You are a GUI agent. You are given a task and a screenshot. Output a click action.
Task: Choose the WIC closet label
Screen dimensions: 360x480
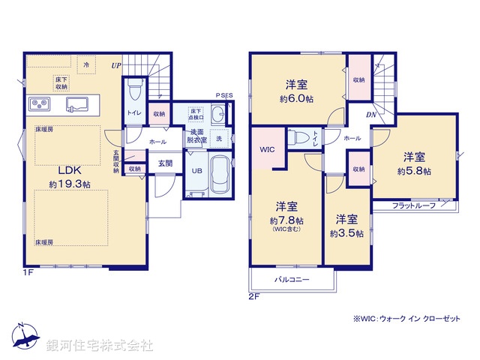point(267,149)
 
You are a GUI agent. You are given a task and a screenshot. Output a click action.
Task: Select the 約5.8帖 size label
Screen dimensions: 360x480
point(414,171)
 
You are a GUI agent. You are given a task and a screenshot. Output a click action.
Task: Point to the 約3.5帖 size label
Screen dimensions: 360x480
point(346,233)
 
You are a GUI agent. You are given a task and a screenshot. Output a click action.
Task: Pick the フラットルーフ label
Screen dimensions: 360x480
point(414,205)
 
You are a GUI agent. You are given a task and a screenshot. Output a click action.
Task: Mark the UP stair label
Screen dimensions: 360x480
point(116,66)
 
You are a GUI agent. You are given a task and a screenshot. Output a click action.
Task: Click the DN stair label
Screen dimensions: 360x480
point(370,115)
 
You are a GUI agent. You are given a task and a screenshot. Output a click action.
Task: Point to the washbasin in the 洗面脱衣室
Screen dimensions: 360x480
point(216,116)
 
